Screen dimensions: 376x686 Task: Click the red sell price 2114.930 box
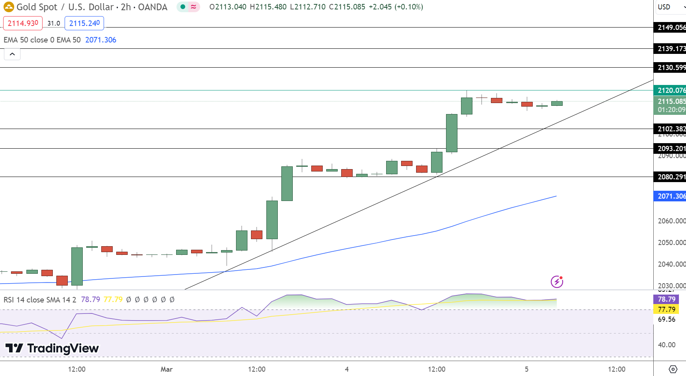pyautogui.click(x=23, y=23)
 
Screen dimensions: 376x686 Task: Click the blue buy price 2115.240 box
pyautogui.click(x=84, y=23)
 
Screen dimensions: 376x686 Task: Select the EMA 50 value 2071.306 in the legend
pyautogui.click(x=100, y=40)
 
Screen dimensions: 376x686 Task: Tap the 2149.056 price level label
pyautogui.click(x=670, y=28)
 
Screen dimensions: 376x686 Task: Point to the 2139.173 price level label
pyautogui.click(x=670, y=49)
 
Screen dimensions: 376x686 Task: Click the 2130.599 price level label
pyautogui.click(x=670, y=68)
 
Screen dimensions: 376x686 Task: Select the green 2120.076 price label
pyautogui.click(x=670, y=90)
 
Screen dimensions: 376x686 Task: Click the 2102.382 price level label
pyautogui.click(x=670, y=129)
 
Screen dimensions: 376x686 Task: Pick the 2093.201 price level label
pyautogui.click(x=670, y=149)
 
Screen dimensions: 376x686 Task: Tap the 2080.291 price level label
pyautogui.click(x=670, y=177)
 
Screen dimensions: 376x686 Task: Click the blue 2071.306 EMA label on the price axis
pyautogui.click(x=670, y=196)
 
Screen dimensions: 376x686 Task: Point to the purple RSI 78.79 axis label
pyautogui.click(x=666, y=299)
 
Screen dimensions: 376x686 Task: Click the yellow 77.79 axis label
pyautogui.click(x=666, y=310)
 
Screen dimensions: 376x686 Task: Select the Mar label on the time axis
pyautogui.click(x=167, y=369)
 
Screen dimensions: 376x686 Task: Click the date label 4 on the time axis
pyautogui.click(x=347, y=369)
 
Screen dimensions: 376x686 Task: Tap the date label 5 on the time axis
pyautogui.click(x=527, y=369)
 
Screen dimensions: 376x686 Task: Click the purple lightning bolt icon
pyautogui.click(x=557, y=282)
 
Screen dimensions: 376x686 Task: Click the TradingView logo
pyautogui.click(x=52, y=348)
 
